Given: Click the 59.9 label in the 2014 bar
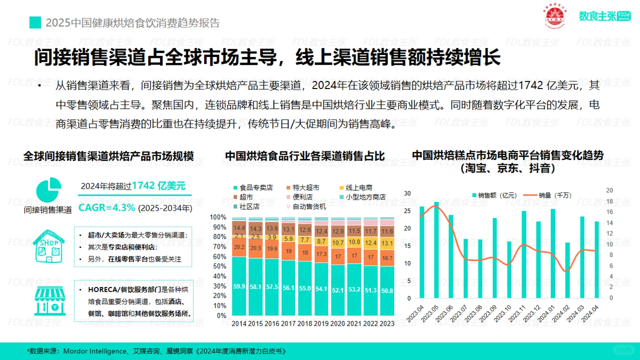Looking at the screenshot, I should coord(239,286).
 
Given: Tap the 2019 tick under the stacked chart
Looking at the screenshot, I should coord(321,323).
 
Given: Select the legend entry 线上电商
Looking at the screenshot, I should coord(359,188).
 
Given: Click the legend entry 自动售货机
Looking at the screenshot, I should coord(309,207).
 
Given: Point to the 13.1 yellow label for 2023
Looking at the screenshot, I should coord(387,243).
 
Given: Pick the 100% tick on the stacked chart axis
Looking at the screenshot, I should coord(218,217).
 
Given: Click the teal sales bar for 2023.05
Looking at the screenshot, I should coord(436,250).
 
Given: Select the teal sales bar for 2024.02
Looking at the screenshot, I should coord(567,270).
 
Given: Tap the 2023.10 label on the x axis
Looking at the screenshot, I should coord(502,314).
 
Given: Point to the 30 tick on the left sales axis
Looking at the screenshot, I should coord(407,193).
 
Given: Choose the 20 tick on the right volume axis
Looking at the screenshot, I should coord(609,190).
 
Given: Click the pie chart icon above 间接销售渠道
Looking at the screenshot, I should coord(49,190).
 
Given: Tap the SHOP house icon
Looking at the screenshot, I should coord(49,246).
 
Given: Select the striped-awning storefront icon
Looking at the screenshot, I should coord(50,301).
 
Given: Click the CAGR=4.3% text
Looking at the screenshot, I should coord(107,208).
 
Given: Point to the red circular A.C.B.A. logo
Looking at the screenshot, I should coord(555,16).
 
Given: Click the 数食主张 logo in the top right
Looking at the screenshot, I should coord(604,16).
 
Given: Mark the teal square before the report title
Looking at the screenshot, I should coord(35,23).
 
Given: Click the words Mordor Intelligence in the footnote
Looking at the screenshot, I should coord(95,351).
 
